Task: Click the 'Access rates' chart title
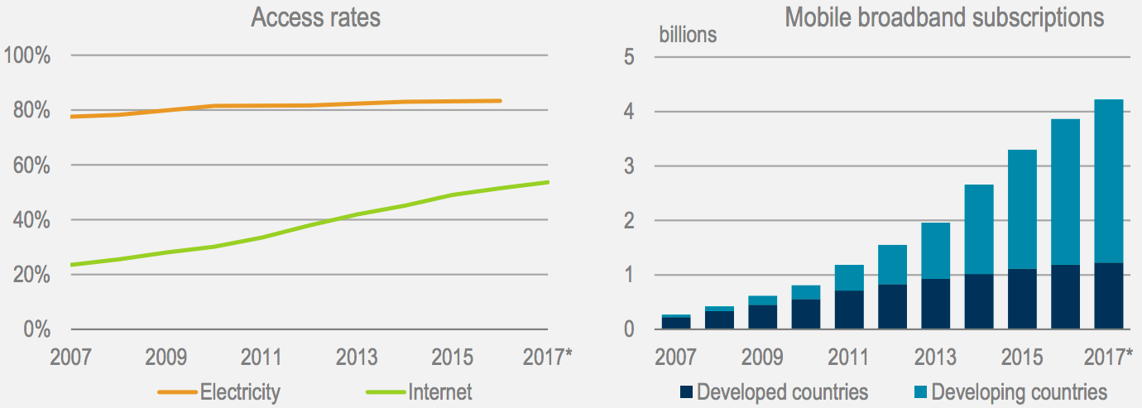coord(315,17)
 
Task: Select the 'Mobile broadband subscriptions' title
coord(944,17)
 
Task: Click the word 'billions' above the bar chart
coord(688,35)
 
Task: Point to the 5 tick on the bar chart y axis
coord(628,57)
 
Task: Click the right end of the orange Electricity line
coord(501,101)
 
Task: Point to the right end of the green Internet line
coord(547,182)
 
